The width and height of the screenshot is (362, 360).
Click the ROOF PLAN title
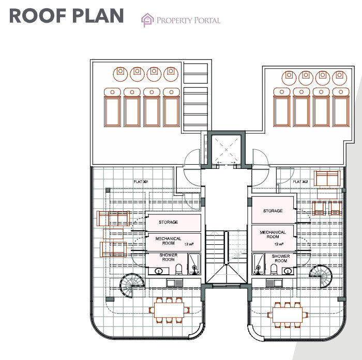[x=66, y=15]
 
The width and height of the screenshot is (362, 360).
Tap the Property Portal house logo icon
[x=147, y=20]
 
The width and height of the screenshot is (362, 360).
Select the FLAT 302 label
[x=300, y=182]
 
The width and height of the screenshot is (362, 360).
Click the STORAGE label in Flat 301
[x=169, y=222]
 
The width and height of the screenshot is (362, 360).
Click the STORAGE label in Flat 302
[x=273, y=211]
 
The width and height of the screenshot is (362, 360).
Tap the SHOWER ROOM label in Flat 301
[x=168, y=257]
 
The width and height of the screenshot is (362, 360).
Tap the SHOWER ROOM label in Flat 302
[x=280, y=258]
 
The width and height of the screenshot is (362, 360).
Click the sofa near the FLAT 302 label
[x=327, y=178]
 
